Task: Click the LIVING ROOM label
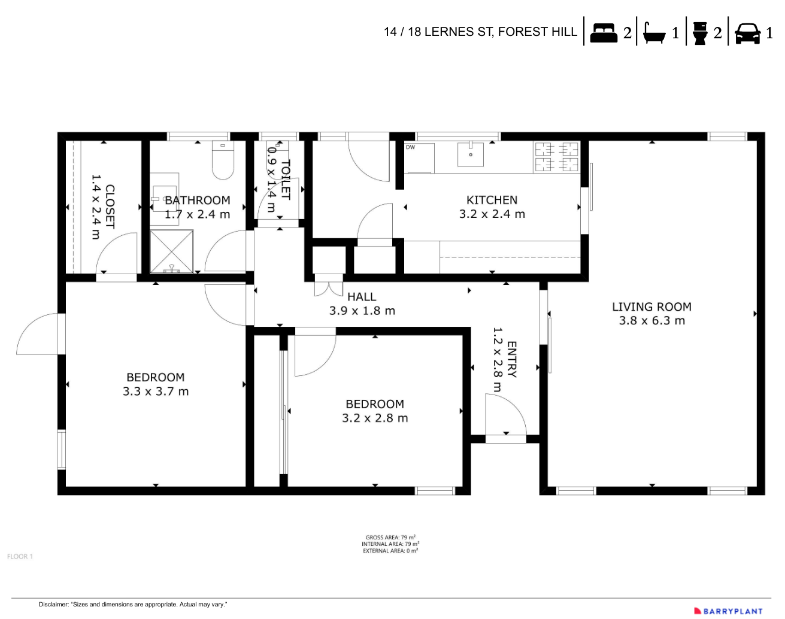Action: [x=651, y=307]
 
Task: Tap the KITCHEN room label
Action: [x=492, y=200]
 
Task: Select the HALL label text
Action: [x=362, y=297]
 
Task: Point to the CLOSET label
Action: [x=110, y=207]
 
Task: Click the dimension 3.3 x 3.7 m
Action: [x=156, y=392]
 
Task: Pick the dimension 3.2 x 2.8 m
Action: [x=375, y=418]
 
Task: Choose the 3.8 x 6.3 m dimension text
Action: [x=651, y=321]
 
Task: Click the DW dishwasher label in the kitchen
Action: [x=410, y=147]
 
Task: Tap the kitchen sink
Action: [x=471, y=154]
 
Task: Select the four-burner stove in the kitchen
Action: [x=556, y=157]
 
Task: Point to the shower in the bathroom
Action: [x=172, y=251]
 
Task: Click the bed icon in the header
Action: [x=604, y=32]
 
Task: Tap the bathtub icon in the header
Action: [x=654, y=33]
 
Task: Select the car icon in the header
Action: [x=747, y=33]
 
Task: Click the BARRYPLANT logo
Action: [x=729, y=611]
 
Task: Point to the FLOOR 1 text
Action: [x=20, y=557]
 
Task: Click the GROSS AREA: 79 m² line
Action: [x=390, y=538]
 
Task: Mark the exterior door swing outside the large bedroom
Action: [x=40, y=334]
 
